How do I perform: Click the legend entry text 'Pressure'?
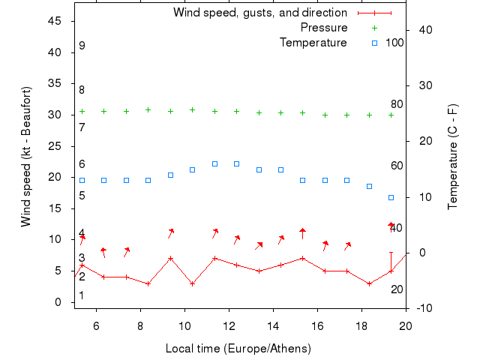[324, 28]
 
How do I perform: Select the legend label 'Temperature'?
[313, 43]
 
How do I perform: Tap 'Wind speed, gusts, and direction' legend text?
[260, 13]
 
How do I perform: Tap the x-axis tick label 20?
[406, 326]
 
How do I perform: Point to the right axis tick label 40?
[421, 30]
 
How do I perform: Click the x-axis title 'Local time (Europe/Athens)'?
[238, 349]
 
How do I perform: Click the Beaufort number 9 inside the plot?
[82, 46]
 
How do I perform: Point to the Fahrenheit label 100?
[394, 43]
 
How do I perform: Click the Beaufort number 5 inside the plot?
[82, 196]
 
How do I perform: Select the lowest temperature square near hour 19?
[391, 197]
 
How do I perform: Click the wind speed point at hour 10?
[193, 283]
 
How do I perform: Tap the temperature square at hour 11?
[214, 163]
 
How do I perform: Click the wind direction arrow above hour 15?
[302, 233]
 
